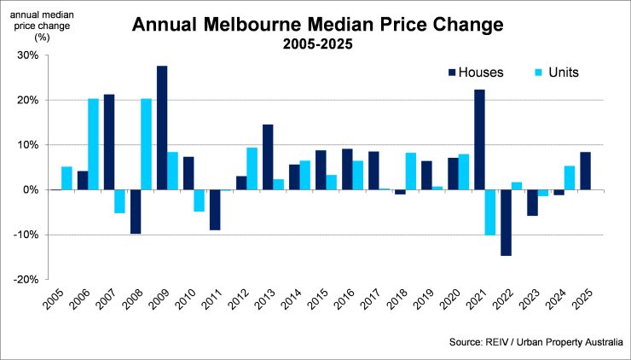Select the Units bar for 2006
tap(93, 144)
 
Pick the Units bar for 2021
tap(490, 212)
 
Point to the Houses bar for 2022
tap(507, 222)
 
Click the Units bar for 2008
tap(147, 144)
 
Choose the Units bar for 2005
tap(67, 177)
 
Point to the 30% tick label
tap(26, 55)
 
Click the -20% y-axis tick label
tap(25, 279)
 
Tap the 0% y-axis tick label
tap(30, 189)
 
